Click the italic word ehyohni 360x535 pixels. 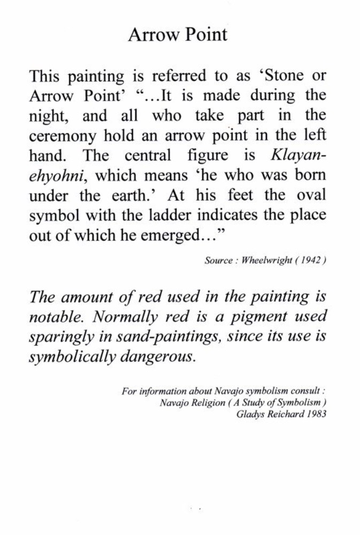point(56,176)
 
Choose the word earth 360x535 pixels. point(134,196)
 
